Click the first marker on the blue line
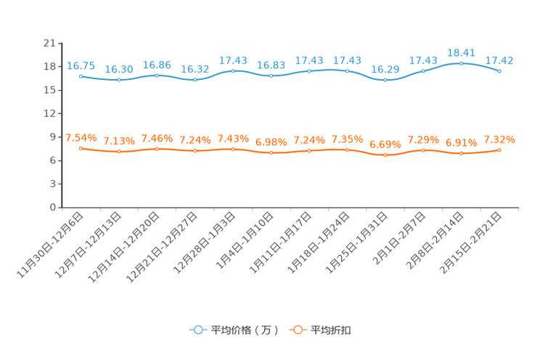(81, 75)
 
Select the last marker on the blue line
(499, 71)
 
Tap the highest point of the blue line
(461, 63)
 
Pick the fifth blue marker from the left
(233, 70)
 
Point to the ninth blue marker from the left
(385, 79)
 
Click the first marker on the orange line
(81, 148)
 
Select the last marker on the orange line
(499, 150)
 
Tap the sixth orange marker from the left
(271, 153)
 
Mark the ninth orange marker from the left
(385, 155)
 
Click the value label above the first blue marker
(81, 65)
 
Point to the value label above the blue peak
(461, 52)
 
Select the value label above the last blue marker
(499, 60)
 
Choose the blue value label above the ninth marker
(385, 69)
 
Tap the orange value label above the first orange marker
(81, 137)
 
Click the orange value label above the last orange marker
(499, 139)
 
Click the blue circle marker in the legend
(197, 330)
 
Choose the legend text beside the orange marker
(331, 330)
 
